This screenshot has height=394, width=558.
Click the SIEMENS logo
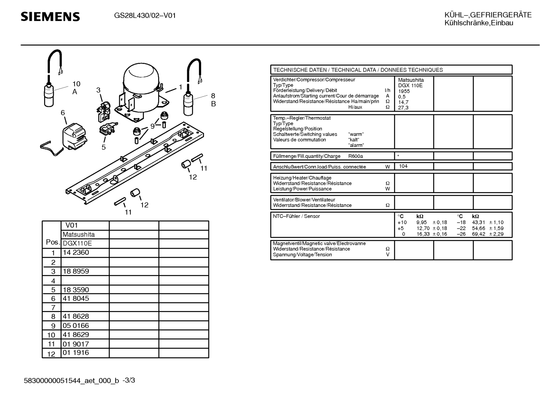point(50,17)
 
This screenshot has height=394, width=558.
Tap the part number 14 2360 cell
point(76,252)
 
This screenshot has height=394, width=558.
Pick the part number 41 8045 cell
point(76,298)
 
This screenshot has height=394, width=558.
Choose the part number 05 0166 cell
point(76,326)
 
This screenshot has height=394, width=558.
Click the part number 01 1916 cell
point(76,353)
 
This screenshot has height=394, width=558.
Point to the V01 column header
point(72,225)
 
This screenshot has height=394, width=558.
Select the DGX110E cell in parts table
point(77,243)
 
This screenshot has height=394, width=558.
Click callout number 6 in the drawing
point(63,113)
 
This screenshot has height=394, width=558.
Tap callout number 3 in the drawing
point(98,90)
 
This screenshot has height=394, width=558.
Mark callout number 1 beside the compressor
point(180,87)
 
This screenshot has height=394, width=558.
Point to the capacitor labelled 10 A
point(49,95)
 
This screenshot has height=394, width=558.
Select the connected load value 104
point(403,166)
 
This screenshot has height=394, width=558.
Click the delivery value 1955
point(404,91)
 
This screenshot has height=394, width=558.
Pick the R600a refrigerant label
point(356,156)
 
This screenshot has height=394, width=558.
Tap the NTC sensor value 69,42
point(478,234)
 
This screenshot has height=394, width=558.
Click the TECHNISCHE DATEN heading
point(358,70)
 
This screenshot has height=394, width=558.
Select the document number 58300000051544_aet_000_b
point(72,381)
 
